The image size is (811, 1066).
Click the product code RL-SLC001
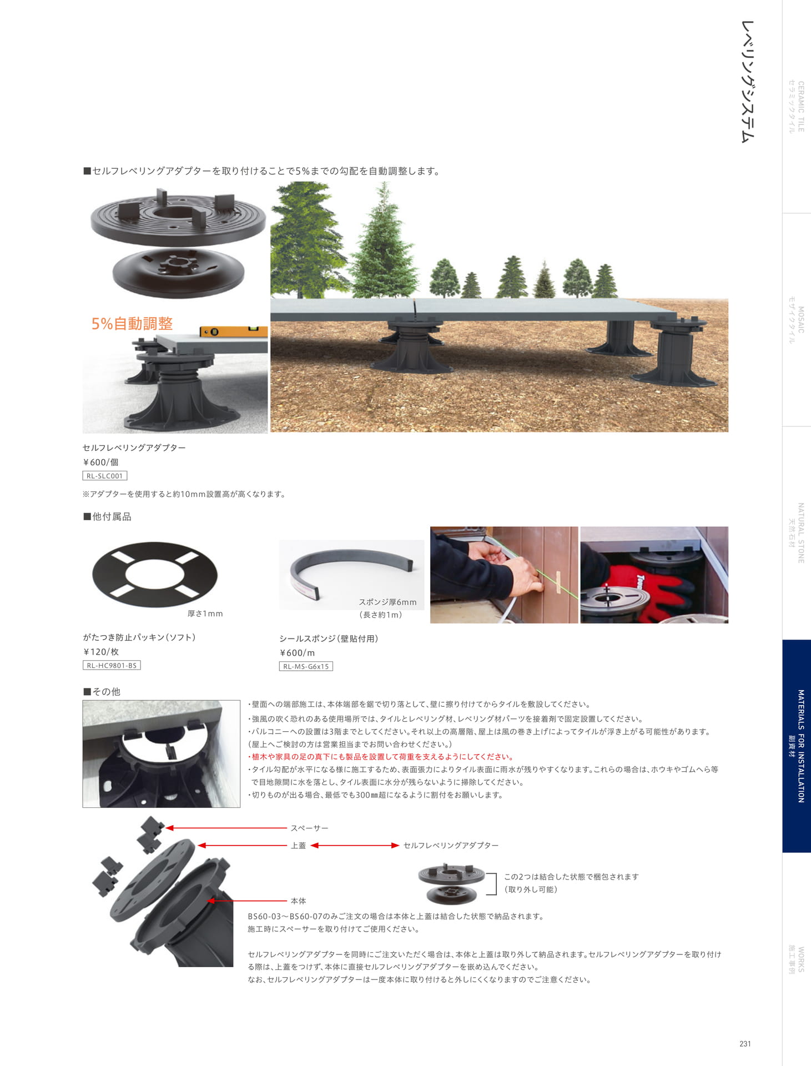tap(105, 476)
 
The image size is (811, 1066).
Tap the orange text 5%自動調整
tap(132, 324)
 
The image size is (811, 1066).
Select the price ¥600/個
tap(100, 462)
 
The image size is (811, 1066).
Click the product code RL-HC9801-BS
tap(112, 665)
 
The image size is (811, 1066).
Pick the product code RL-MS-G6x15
tap(306, 666)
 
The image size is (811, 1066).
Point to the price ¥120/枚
tap(101, 652)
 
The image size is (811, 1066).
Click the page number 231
tap(745, 1044)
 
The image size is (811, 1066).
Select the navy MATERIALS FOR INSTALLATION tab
tap(797, 746)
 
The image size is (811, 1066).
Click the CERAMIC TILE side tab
tap(797, 107)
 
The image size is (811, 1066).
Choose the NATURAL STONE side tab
tap(797, 533)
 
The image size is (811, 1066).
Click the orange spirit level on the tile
tap(233, 331)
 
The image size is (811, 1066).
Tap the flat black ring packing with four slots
tap(155, 574)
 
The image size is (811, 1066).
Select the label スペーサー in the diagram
tap(309, 828)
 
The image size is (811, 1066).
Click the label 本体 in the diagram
tap(298, 901)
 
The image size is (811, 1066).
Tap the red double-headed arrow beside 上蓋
tap(355, 845)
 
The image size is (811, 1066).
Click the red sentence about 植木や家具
tap(381, 757)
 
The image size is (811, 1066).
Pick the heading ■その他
tap(102, 691)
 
